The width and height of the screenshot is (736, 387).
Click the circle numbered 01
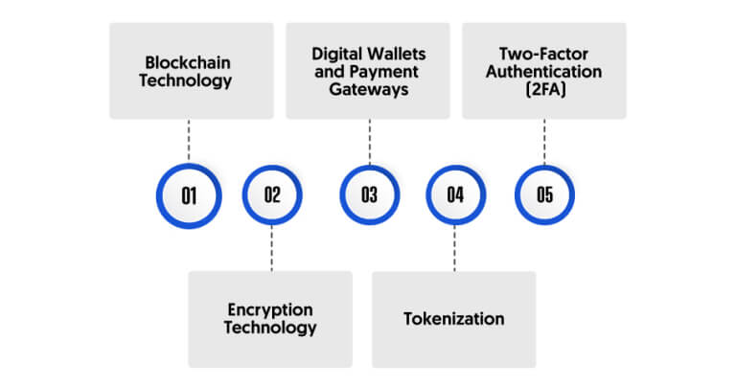[x=189, y=195]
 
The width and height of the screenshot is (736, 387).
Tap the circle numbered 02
[x=272, y=194]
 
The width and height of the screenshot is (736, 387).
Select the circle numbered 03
[x=369, y=194]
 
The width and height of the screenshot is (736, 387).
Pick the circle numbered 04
[x=455, y=194]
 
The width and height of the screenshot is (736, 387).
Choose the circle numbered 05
[x=544, y=194]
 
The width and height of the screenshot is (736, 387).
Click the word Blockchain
[x=188, y=62]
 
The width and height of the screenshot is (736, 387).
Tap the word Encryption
[x=270, y=309]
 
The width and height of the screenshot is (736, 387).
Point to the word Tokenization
[x=454, y=319]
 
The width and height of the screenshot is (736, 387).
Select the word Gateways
[x=368, y=89]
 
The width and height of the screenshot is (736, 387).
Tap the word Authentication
[x=544, y=71]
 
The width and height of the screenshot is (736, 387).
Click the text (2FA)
[x=544, y=89]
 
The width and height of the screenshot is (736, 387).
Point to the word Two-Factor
[x=543, y=54]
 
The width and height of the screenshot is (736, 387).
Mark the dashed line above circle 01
[x=189, y=140]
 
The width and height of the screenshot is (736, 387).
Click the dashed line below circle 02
[x=272, y=248]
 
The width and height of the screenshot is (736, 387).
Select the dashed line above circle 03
[x=369, y=142]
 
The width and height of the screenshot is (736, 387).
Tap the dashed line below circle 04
[x=454, y=248]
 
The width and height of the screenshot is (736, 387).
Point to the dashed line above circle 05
[x=544, y=142]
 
